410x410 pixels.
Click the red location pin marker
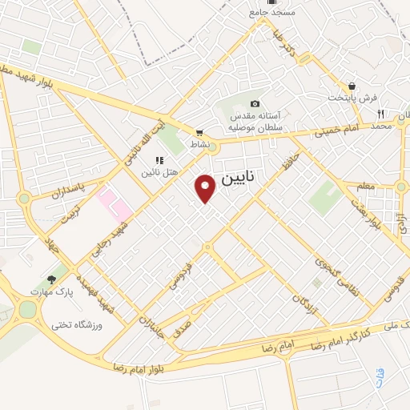click(x=206, y=188)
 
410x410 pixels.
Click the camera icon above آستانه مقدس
click(x=255, y=103)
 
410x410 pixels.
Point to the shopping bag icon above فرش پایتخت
click(x=352, y=86)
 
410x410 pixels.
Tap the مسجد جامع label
click(x=273, y=13)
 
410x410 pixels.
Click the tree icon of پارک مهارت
click(x=52, y=280)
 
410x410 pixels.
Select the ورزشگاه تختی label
click(x=74, y=324)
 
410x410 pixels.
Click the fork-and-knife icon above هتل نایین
click(x=148, y=160)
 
